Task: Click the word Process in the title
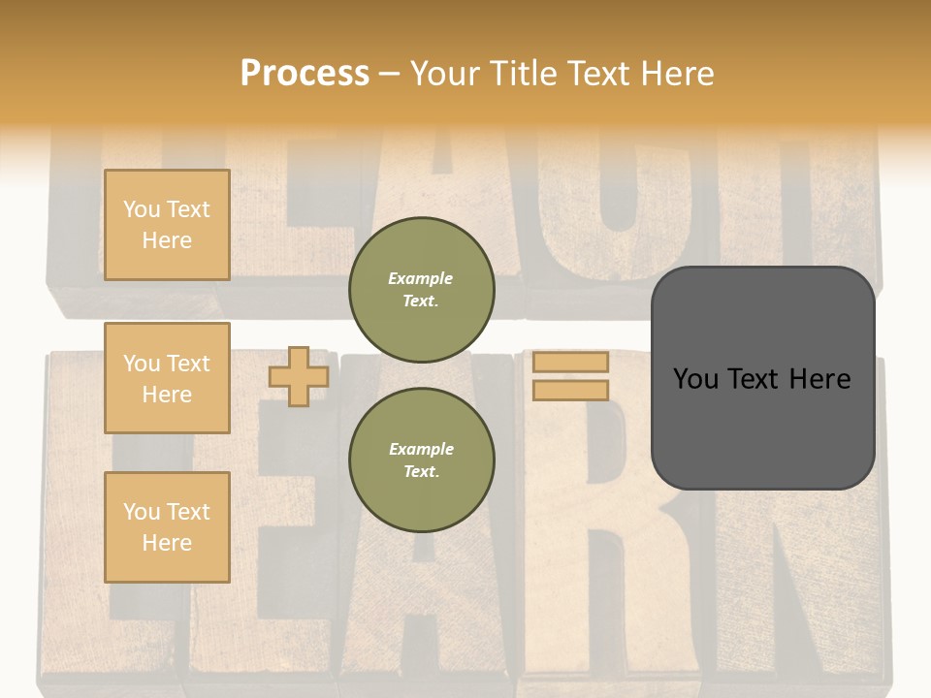pos(305,74)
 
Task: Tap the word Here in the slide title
pos(675,74)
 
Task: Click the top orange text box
pos(167,225)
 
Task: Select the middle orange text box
pos(167,378)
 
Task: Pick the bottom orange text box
pos(167,527)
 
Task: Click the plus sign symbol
pos(298,376)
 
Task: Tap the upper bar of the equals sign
pos(570,362)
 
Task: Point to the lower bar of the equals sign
pos(570,390)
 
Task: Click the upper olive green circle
pos(421,290)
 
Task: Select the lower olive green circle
pos(421,460)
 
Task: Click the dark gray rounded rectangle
pos(762,378)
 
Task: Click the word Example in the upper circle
pos(421,278)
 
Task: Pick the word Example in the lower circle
pos(421,449)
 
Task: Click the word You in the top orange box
pos(142,209)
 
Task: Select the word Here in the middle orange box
pos(167,395)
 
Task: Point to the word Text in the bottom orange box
pos(188,512)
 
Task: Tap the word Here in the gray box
pos(819,379)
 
